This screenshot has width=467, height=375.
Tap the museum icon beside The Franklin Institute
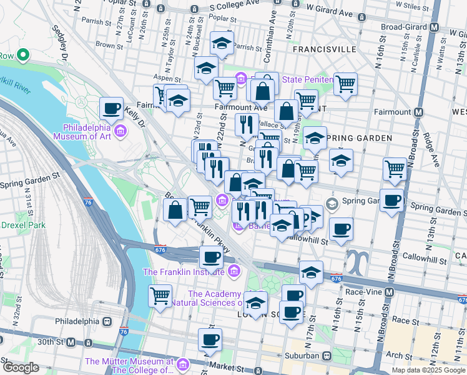click(234, 271)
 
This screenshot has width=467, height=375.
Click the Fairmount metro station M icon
click(418, 112)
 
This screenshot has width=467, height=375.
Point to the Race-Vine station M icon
click(390, 292)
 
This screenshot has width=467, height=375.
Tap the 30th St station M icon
click(71, 342)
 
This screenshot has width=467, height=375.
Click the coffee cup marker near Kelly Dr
click(112, 108)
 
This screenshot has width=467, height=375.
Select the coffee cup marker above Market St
click(210, 339)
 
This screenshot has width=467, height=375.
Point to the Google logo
click(21, 367)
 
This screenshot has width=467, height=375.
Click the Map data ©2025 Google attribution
click(428, 370)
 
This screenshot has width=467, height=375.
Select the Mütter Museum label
click(129, 366)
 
